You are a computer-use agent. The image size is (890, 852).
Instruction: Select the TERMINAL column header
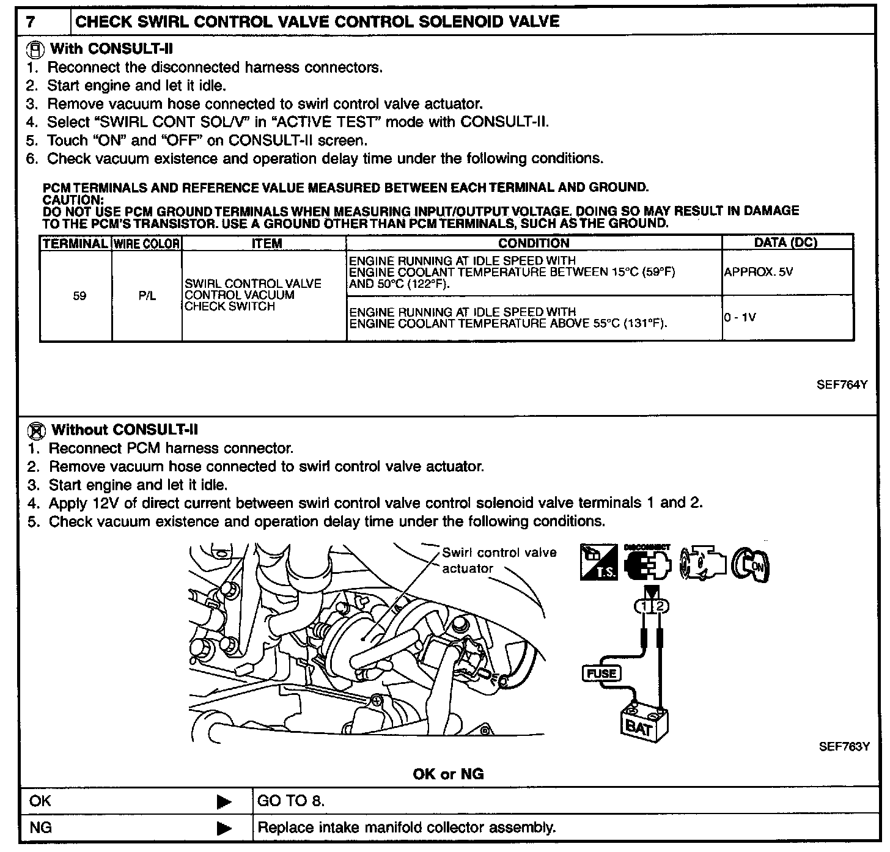point(76,243)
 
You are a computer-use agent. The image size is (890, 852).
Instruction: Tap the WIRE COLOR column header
point(147,243)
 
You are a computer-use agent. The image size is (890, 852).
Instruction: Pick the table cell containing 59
point(79,296)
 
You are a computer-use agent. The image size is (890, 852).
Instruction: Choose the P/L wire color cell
point(147,296)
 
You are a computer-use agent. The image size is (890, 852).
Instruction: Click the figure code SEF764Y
point(842,385)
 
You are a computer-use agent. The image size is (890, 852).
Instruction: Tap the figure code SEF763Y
point(844,747)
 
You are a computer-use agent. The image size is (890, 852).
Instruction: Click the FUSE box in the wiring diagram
point(601,674)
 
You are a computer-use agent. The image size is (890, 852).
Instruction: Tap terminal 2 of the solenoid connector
point(660,606)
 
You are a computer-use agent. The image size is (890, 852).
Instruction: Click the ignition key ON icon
point(752,564)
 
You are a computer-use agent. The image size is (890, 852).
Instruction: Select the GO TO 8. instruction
point(291,801)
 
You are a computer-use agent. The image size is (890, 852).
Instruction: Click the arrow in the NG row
point(225,829)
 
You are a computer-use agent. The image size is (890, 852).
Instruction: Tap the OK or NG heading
point(448,774)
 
